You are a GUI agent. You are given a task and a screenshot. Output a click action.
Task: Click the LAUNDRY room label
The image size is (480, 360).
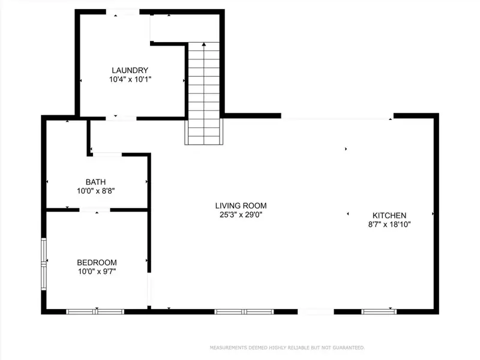[x=130, y=70]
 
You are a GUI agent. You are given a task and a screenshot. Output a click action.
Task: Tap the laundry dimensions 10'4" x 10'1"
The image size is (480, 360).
[x=130, y=79]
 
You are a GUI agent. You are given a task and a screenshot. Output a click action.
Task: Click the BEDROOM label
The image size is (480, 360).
[x=97, y=262]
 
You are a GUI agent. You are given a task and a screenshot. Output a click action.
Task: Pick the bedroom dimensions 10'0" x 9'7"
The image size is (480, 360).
[x=97, y=271]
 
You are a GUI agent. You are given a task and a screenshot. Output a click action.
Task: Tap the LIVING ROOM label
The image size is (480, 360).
[x=241, y=205]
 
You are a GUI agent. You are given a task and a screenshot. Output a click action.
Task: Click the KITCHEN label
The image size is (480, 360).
[x=389, y=215]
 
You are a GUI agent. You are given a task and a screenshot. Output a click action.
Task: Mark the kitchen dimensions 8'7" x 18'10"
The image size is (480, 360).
[x=389, y=224]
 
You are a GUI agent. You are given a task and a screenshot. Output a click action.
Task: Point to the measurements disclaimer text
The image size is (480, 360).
[x=287, y=347]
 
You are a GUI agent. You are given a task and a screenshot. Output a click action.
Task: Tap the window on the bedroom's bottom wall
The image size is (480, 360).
[x=95, y=311]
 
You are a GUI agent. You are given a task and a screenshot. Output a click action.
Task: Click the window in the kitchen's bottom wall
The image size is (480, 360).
[x=379, y=311]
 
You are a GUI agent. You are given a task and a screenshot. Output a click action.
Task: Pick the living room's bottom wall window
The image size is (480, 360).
[x=244, y=311]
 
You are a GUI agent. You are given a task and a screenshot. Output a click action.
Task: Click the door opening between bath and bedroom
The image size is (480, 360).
[x=95, y=209]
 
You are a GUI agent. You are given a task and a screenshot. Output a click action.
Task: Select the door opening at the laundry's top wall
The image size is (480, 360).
[x=123, y=11]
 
